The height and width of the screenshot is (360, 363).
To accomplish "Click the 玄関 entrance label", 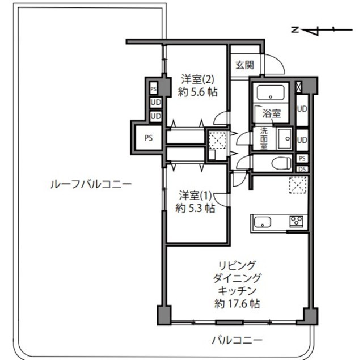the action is point(244,65).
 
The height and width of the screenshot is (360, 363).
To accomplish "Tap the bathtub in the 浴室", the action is point(271,92).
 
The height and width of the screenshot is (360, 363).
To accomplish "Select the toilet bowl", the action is point(281,163).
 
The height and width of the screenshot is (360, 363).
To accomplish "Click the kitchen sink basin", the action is point(262,223).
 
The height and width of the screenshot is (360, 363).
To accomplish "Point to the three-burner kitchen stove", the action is point(296,221).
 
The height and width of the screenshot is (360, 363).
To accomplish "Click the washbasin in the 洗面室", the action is point(285,139).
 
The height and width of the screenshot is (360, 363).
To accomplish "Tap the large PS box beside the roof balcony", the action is point(149,138).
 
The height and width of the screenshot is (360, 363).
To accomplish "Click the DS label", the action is point(302,170).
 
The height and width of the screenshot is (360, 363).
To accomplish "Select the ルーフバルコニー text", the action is point(91,184).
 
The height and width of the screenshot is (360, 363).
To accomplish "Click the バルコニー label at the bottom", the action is point(238,340).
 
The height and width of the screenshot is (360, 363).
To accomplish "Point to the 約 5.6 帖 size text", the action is point(197,92).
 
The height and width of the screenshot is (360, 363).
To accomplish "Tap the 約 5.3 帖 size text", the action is point(195,208).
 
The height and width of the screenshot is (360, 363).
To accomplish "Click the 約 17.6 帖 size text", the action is point(237,303).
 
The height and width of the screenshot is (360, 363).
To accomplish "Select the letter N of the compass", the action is point(295,29).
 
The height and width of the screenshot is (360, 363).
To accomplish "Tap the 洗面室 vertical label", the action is point(264,138).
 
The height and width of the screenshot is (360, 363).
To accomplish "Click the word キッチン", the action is point(237,290).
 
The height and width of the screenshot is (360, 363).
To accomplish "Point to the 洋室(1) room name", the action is point(195,196).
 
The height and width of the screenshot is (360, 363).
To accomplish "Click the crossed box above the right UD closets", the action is point(299,87).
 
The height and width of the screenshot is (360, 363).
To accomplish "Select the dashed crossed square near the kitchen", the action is point(298,185).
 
